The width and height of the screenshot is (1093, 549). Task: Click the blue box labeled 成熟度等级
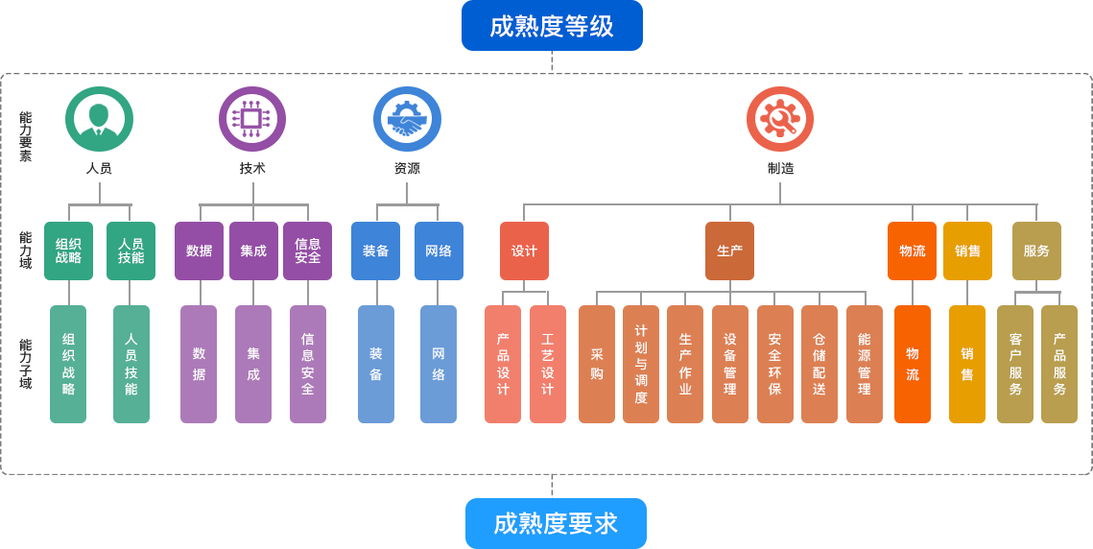coord(551,26)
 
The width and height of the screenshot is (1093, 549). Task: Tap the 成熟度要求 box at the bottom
coord(555,522)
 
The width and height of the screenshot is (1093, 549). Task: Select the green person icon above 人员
coord(99,119)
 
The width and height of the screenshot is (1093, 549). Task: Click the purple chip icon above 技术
coord(251,119)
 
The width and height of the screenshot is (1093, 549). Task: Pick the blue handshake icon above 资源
coord(407,119)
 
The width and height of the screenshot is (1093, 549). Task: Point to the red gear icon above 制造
coord(779,119)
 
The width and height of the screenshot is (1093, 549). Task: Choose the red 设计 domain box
coord(524,251)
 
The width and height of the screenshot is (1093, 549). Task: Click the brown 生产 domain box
coord(729,251)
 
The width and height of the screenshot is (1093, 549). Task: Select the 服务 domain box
coord(1036,251)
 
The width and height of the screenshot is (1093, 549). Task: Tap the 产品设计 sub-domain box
coord(503,364)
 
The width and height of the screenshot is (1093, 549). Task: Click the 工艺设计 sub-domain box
coord(547,364)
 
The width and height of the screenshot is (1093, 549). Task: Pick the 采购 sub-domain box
coord(597,364)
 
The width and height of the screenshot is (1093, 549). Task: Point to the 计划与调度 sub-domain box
coord(641,364)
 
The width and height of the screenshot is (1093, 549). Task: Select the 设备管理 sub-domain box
coord(730,364)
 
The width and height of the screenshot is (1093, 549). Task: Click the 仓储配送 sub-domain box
coord(820,364)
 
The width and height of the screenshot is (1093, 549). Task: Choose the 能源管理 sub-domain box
coord(865,364)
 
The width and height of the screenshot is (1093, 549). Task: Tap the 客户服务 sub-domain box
coord(1015,364)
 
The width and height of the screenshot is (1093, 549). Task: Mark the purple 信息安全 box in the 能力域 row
coord(308,251)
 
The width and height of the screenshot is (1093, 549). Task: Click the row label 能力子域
coord(25,364)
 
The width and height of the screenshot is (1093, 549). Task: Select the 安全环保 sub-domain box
coord(774,364)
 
